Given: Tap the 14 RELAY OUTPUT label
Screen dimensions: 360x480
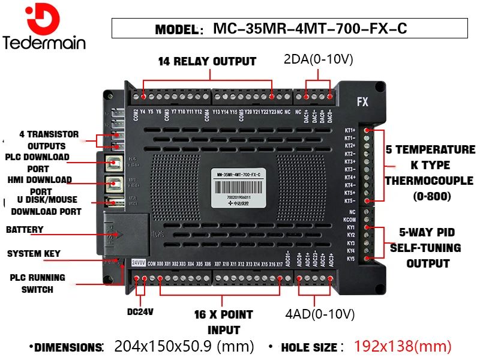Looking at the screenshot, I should (x=207, y=61).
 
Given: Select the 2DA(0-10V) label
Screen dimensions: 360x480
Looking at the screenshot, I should (x=317, y=60).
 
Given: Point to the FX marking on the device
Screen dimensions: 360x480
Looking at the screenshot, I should (x=362, y=102).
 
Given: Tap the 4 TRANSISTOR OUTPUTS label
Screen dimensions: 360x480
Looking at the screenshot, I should (x=49, y=140).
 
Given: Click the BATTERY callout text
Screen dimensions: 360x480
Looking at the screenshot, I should (x=25, y=230).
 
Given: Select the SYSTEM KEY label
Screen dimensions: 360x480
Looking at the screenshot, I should (x=34, y=254).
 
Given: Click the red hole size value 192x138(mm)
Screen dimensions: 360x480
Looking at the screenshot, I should (x=403, y=346).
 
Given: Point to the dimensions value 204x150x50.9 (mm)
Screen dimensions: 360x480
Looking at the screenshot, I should (x=184, y=346).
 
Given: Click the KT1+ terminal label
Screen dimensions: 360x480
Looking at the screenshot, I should (x=350, y=130).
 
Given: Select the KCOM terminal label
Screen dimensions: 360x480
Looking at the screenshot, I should (x=350, y=220).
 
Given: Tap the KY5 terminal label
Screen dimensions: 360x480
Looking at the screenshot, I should (x=351, y=259).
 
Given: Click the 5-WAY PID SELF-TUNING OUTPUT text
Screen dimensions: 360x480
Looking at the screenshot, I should (x=428, y=248).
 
